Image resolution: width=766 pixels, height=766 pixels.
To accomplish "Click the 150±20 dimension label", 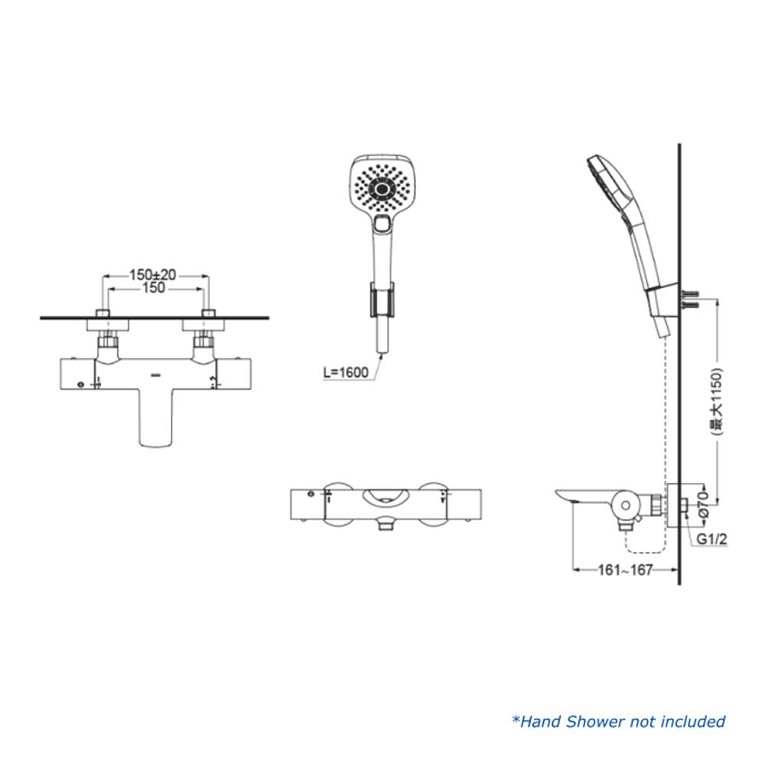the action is click(152, 274).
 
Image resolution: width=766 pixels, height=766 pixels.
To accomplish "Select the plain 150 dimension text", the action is click(153, 288).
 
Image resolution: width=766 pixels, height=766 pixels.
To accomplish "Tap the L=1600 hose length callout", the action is click(346, 372).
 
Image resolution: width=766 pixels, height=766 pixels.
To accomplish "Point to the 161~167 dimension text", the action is click(625, 570).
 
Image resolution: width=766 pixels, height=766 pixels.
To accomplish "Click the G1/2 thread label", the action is click(712, 539).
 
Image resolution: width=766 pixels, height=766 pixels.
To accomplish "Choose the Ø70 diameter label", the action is click(704, 505).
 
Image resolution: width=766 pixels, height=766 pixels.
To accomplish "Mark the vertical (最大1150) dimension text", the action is click(717, 401).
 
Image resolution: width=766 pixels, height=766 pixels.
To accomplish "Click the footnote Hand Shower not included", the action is click(618, 722).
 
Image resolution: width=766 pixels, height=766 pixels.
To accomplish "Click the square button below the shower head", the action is click(382, 223).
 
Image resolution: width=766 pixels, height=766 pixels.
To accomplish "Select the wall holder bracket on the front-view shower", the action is click(381, 300).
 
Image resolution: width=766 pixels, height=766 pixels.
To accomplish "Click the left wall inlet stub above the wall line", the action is click(103, 313).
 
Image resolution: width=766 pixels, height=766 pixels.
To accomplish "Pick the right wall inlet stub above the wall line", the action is click(208, 313).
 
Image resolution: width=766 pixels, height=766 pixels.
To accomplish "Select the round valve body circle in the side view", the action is click(625, 506).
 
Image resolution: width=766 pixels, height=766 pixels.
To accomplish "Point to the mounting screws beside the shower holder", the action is click(689, 300).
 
